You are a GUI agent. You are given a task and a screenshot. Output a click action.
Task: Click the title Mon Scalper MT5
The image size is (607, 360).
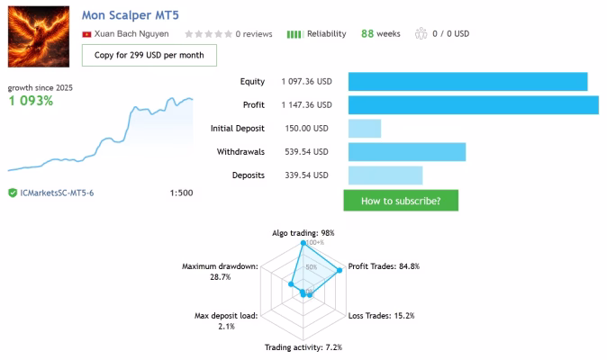130,15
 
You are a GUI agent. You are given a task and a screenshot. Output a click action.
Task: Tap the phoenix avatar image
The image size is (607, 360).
39,36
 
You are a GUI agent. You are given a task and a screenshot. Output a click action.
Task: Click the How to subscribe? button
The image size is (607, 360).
401,201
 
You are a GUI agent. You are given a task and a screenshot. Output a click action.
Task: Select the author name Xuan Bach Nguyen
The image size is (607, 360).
131,33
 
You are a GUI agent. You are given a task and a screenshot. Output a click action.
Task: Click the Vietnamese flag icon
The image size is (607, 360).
86,34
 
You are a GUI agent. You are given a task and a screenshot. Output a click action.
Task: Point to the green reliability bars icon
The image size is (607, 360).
294,34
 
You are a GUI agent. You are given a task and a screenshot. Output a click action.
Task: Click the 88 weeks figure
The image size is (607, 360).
381,33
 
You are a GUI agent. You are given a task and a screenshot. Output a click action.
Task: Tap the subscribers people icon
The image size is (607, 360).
421,33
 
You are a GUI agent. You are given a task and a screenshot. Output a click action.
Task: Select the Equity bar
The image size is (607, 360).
467,82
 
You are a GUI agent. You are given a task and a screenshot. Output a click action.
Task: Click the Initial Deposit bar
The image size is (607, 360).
365,129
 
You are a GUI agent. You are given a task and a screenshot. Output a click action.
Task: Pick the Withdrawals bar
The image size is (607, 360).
407,151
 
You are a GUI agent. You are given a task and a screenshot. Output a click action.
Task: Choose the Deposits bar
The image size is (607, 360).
385,175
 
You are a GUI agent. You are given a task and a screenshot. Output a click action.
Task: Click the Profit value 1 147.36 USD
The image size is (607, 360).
306,104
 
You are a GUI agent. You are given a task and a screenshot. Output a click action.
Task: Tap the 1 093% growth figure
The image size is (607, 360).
31,101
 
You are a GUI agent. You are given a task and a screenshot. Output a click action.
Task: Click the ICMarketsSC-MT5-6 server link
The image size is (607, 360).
57,193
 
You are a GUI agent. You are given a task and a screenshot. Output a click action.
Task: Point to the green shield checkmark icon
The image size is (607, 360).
13,193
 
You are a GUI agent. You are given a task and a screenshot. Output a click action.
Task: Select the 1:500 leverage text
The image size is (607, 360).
181,193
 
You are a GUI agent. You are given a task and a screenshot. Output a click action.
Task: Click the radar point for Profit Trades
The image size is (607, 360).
340,270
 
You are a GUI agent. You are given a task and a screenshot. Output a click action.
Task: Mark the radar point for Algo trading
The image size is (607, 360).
303,243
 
